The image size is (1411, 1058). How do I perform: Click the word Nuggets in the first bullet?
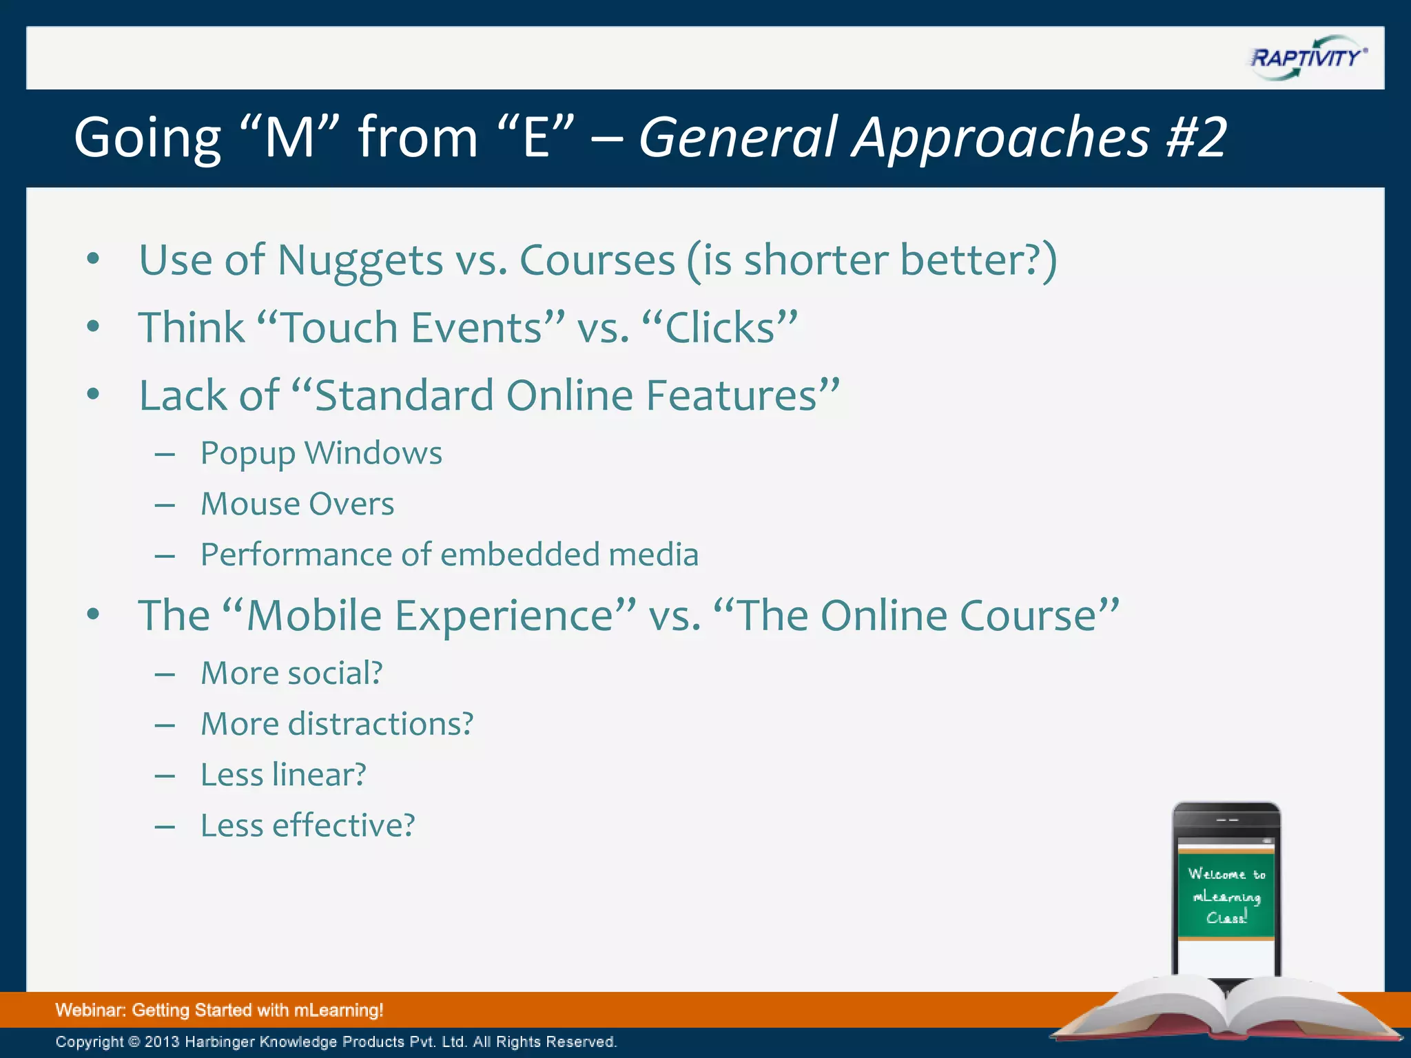tap(360, 261)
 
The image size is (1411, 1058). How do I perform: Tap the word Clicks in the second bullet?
tap(720, 328)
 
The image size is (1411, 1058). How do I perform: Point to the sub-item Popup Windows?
tap(321, 454)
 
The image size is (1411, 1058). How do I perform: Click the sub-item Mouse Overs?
tap(297, 504)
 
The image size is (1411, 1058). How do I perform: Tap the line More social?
tap(291, 674)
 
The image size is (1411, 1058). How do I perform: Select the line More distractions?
tap(337, 725)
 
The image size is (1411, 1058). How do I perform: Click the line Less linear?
tap(283, 776)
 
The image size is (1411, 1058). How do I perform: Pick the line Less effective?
tap(307, 826)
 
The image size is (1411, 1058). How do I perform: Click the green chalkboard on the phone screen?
tap(1226, 895)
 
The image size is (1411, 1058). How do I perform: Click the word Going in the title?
tap(147, 138)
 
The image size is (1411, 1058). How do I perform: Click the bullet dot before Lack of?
tap(94, 395)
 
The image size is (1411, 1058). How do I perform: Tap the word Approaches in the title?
tap(1001, 138)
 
